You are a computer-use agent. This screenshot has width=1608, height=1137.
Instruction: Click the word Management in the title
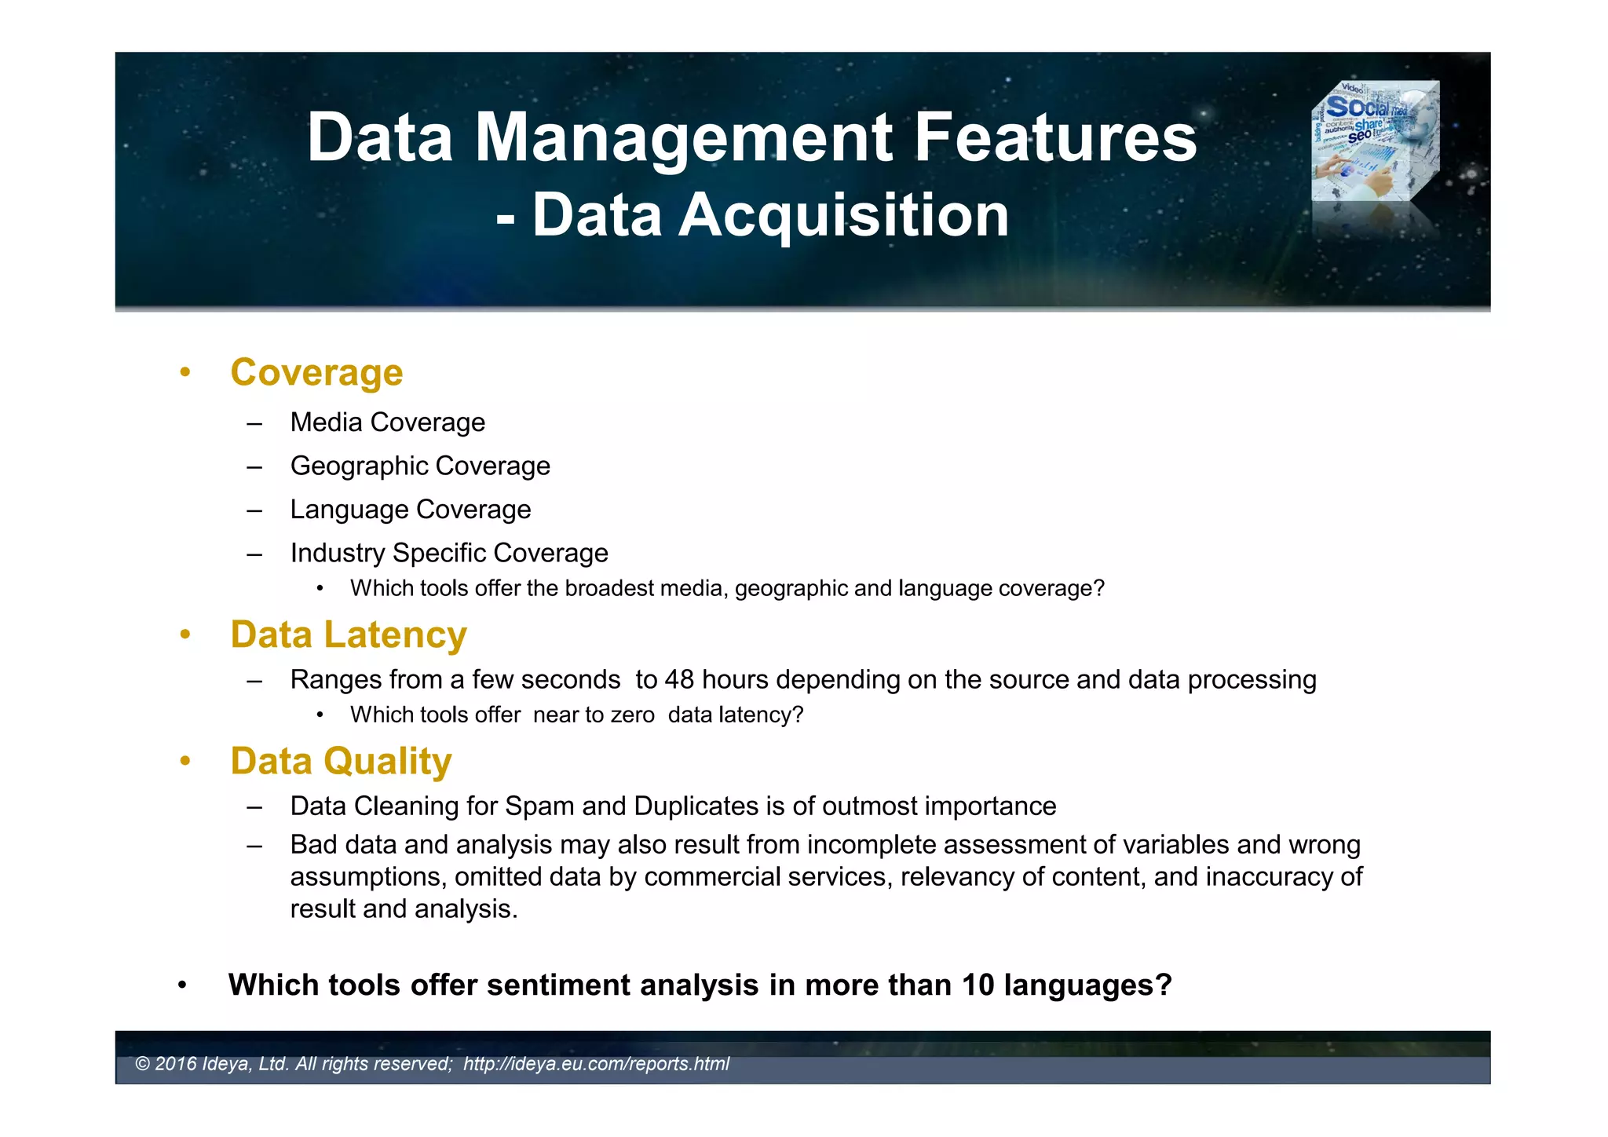683,138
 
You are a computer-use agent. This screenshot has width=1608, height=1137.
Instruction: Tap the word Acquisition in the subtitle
843,215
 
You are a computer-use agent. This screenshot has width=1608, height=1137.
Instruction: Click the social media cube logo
1375,141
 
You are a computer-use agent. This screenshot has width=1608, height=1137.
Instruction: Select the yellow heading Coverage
316,372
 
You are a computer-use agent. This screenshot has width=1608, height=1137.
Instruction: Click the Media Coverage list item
387,422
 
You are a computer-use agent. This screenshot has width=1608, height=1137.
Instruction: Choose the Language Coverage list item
410,510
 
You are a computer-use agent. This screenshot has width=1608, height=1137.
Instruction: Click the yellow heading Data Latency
348,634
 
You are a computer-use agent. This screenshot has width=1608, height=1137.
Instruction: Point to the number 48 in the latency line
679,679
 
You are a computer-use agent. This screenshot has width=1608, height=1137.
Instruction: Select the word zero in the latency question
633,715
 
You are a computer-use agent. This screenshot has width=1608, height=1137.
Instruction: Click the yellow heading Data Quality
341,761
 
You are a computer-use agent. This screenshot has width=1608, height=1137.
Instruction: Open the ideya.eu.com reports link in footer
596,1064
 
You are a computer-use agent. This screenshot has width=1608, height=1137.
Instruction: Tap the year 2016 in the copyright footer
176,1064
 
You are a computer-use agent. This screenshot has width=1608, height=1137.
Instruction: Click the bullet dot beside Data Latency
185,634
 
